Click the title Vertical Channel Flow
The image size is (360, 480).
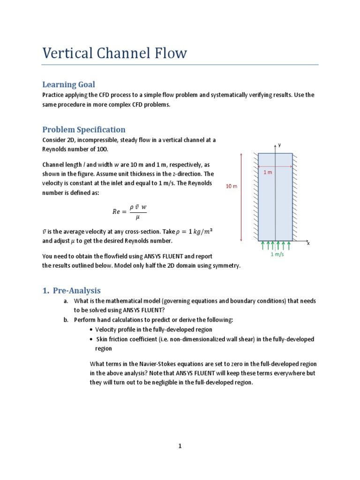tap(114, 53)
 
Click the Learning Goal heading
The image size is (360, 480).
tap(68, 84)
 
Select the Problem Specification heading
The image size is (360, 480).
tap(84, 129)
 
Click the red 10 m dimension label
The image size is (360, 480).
tap(232, 186)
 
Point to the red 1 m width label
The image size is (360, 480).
tap(267, 172)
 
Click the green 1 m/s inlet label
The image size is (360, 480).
tap(278, 255)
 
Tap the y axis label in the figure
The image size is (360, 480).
tap(279, 145)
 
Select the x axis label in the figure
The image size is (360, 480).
tap(308, 243)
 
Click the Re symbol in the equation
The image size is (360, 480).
tap(117, 211)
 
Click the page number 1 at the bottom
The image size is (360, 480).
tap(180, 446)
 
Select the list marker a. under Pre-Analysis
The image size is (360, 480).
tap(67, 301)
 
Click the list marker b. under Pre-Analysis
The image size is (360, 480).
tap(67, 320)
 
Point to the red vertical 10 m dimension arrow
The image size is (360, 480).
tap(241, 196)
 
